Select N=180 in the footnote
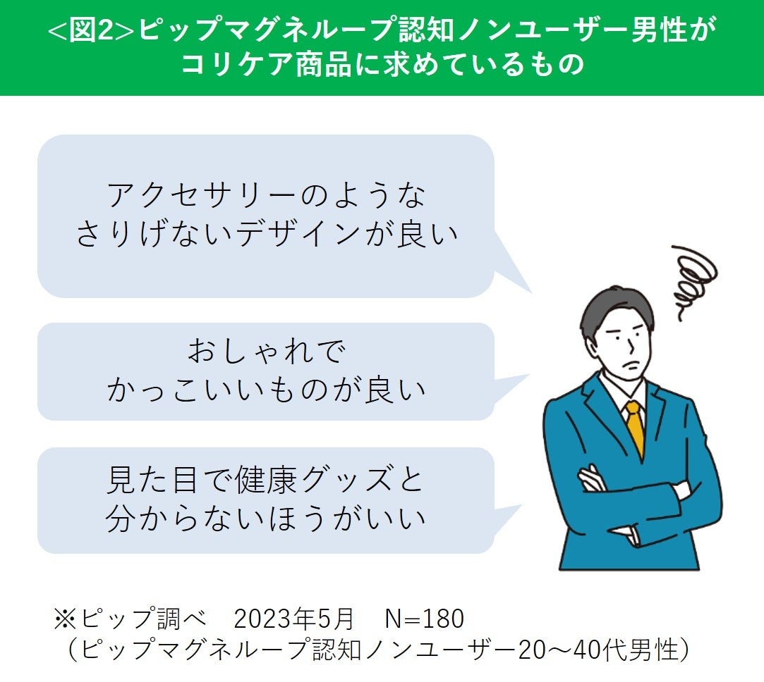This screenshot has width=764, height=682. point(425,619)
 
